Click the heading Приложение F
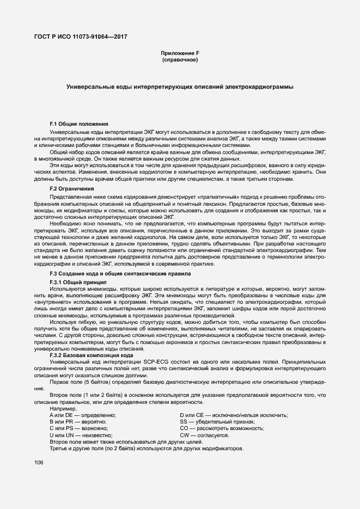click(180, 52)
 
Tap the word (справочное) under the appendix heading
click(180, 59)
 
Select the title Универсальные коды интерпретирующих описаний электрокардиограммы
click(180, 87)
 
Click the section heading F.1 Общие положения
click(79, 125)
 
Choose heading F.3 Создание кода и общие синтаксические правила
click(120, 273)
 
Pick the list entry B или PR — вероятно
click(78, 422)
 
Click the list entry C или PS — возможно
click(79, 428)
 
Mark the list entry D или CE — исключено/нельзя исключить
click(234, 415)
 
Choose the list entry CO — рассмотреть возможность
click(222, 428)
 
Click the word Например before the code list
click(63, 409)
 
